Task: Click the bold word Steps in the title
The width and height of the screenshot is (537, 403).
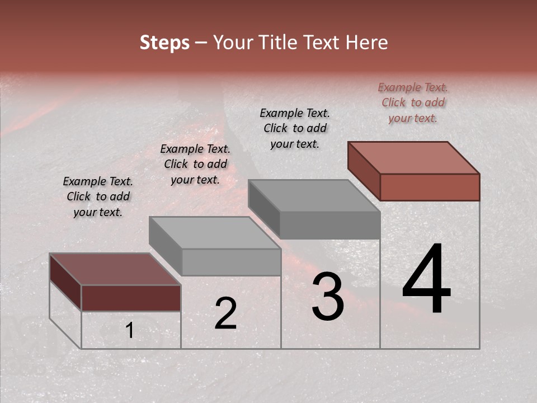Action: [164, 43]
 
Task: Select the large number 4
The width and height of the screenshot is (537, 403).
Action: [426, 279]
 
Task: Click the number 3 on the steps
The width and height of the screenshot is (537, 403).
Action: [328, 297]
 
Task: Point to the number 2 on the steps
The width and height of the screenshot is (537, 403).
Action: [225, 313]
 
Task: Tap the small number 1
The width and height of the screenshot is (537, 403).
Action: [130, 331]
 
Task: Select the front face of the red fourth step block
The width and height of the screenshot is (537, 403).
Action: [430, 187]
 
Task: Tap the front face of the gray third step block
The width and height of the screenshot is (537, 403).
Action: [330, 225]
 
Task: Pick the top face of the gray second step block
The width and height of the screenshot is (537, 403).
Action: [215, 232]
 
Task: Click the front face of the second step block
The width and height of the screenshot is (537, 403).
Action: [231, 262]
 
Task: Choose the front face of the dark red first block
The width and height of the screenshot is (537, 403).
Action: [131, 298]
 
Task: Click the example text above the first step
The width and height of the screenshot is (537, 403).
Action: [98, 196]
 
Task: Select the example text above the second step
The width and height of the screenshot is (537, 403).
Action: [195, 164]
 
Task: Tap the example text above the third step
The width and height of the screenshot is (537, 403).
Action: [295, 128]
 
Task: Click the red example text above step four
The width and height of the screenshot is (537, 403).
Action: [413, 102]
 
